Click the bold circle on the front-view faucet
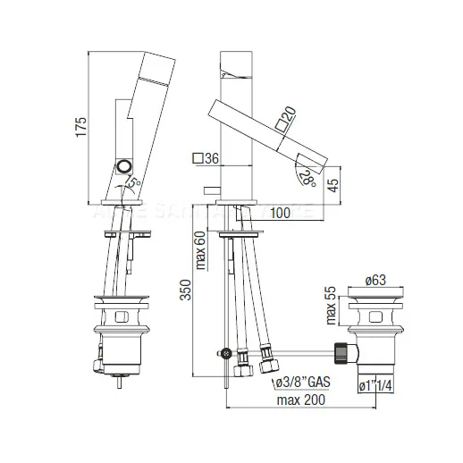(122, 168)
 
